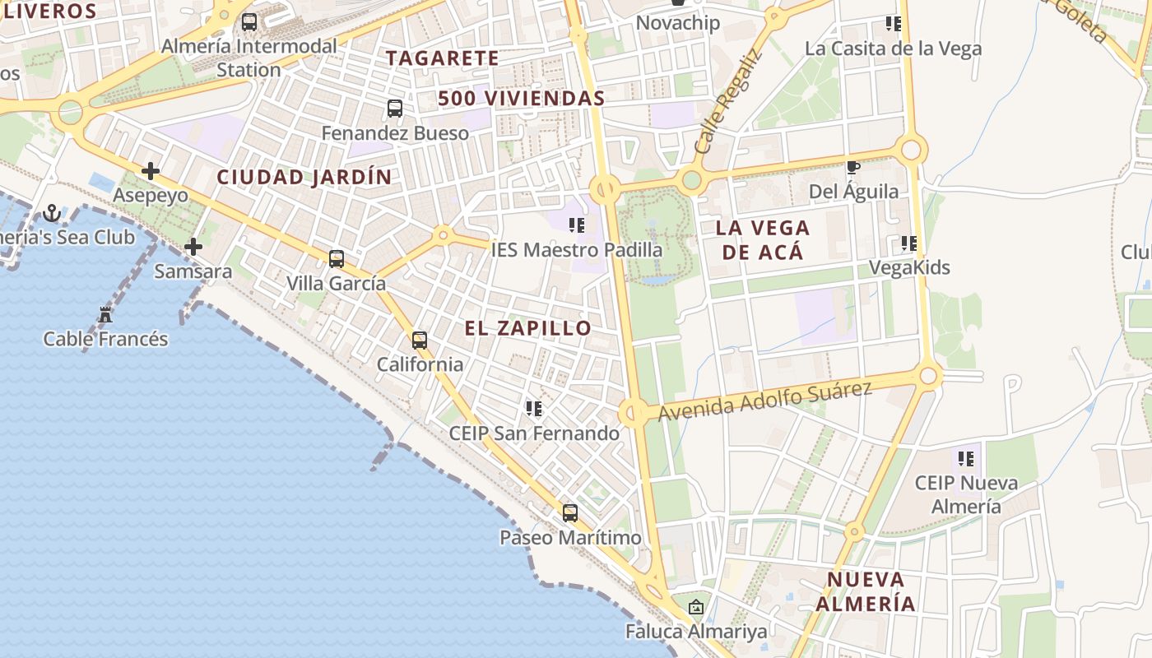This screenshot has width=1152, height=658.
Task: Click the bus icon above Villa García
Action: [337, 259]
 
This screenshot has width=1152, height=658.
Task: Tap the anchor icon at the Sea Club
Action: [53, 214]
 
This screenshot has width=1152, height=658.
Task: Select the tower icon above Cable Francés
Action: [105, 314]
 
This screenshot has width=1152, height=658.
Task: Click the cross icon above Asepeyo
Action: [151, 171]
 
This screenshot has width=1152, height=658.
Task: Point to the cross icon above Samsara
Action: [193, 247]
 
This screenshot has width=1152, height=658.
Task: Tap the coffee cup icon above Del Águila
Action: [853, 168]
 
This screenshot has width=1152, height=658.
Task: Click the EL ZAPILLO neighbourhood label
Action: [527, 328]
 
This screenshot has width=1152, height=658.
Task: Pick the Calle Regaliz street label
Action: [728, 102]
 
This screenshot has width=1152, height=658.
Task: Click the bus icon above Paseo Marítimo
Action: [570, 513]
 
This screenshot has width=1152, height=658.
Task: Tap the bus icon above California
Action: [420, 340]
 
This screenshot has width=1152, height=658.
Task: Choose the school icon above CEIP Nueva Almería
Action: [966, 458]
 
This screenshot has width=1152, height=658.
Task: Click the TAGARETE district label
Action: [443, 58]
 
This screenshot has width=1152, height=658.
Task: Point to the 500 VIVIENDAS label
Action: [522, 99]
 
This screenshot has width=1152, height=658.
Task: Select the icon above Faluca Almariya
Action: [696, 608]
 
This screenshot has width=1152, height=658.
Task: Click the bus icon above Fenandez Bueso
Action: [395, 108]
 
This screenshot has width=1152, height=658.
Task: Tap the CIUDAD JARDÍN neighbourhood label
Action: [304, 177]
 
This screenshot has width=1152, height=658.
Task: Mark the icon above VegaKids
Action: [909, 243]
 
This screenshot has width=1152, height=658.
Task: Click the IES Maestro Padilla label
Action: [577, 249]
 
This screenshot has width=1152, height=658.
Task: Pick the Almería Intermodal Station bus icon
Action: [249, 22]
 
